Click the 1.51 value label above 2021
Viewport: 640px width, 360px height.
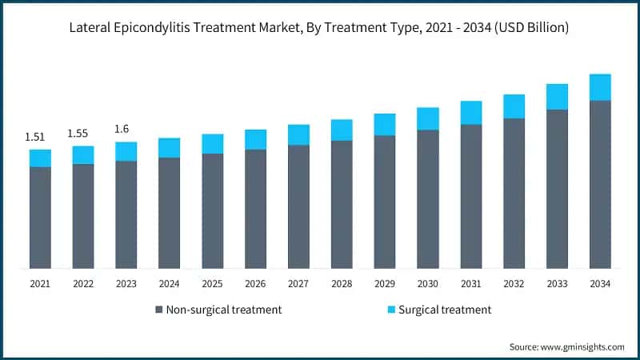tap(34, 137)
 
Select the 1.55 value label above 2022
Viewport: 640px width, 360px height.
tap(78, 133)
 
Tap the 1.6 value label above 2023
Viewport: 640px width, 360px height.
tap(122, 129)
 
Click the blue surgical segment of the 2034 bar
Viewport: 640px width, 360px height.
tap(600, 87)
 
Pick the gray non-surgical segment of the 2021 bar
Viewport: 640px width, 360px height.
tap(40, 218)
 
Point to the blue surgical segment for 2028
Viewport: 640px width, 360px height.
tap(342, 130)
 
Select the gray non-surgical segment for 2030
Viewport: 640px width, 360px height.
tap(428, 199)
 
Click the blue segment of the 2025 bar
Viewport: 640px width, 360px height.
tap(212, 143)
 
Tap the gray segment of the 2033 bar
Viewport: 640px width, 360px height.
tap(557, 189)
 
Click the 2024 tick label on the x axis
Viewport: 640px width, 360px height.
tap(169, 283)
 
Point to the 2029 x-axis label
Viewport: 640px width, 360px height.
tap(385, 283)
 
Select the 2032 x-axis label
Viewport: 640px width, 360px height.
tap(514, 283)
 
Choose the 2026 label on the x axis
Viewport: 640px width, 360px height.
tap(255, 283)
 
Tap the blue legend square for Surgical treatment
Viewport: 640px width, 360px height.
tap(390, 310)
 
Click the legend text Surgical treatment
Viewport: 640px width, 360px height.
tap(445, 310)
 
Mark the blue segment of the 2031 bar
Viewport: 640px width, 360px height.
tap(471, 113)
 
